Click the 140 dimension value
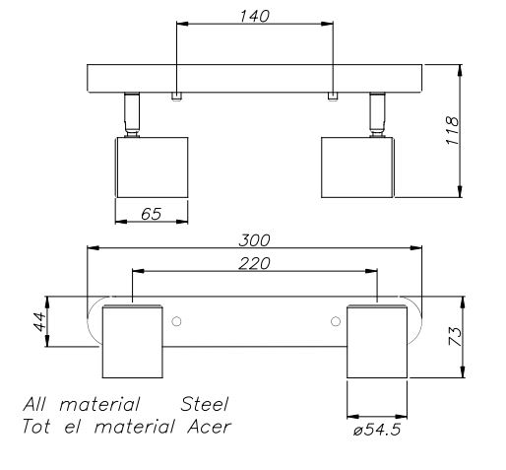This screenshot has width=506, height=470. [x=254, y=16]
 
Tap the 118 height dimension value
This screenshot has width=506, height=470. [x=452, y=131]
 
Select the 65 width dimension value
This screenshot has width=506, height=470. [x=152, y=214]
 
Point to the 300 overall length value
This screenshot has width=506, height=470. [x=254, y=240]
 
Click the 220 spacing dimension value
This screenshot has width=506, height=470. [x=254, y=263]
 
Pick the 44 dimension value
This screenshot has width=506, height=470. [x=39, y=322]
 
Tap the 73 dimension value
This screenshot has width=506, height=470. [x=455, y=336]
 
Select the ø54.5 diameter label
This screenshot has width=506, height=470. [x=377, y=430]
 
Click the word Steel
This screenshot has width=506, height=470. [x=205, y=404]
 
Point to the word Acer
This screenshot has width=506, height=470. [x=210, y=427]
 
